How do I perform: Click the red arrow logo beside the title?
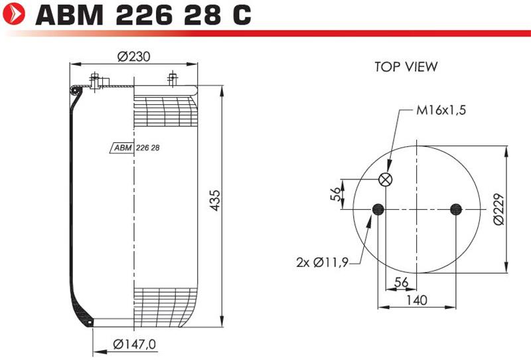(13, 13)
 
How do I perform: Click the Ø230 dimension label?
(134, 56)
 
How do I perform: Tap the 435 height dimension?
(214, 201)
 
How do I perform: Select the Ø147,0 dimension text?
(135, 345)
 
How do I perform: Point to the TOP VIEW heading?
(406, 67)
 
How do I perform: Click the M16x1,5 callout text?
(441, 110)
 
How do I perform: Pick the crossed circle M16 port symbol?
(386, 179)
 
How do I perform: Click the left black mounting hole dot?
(378, 209)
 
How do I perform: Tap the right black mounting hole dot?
(456, 209)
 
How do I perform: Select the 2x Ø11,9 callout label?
(322, 262)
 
